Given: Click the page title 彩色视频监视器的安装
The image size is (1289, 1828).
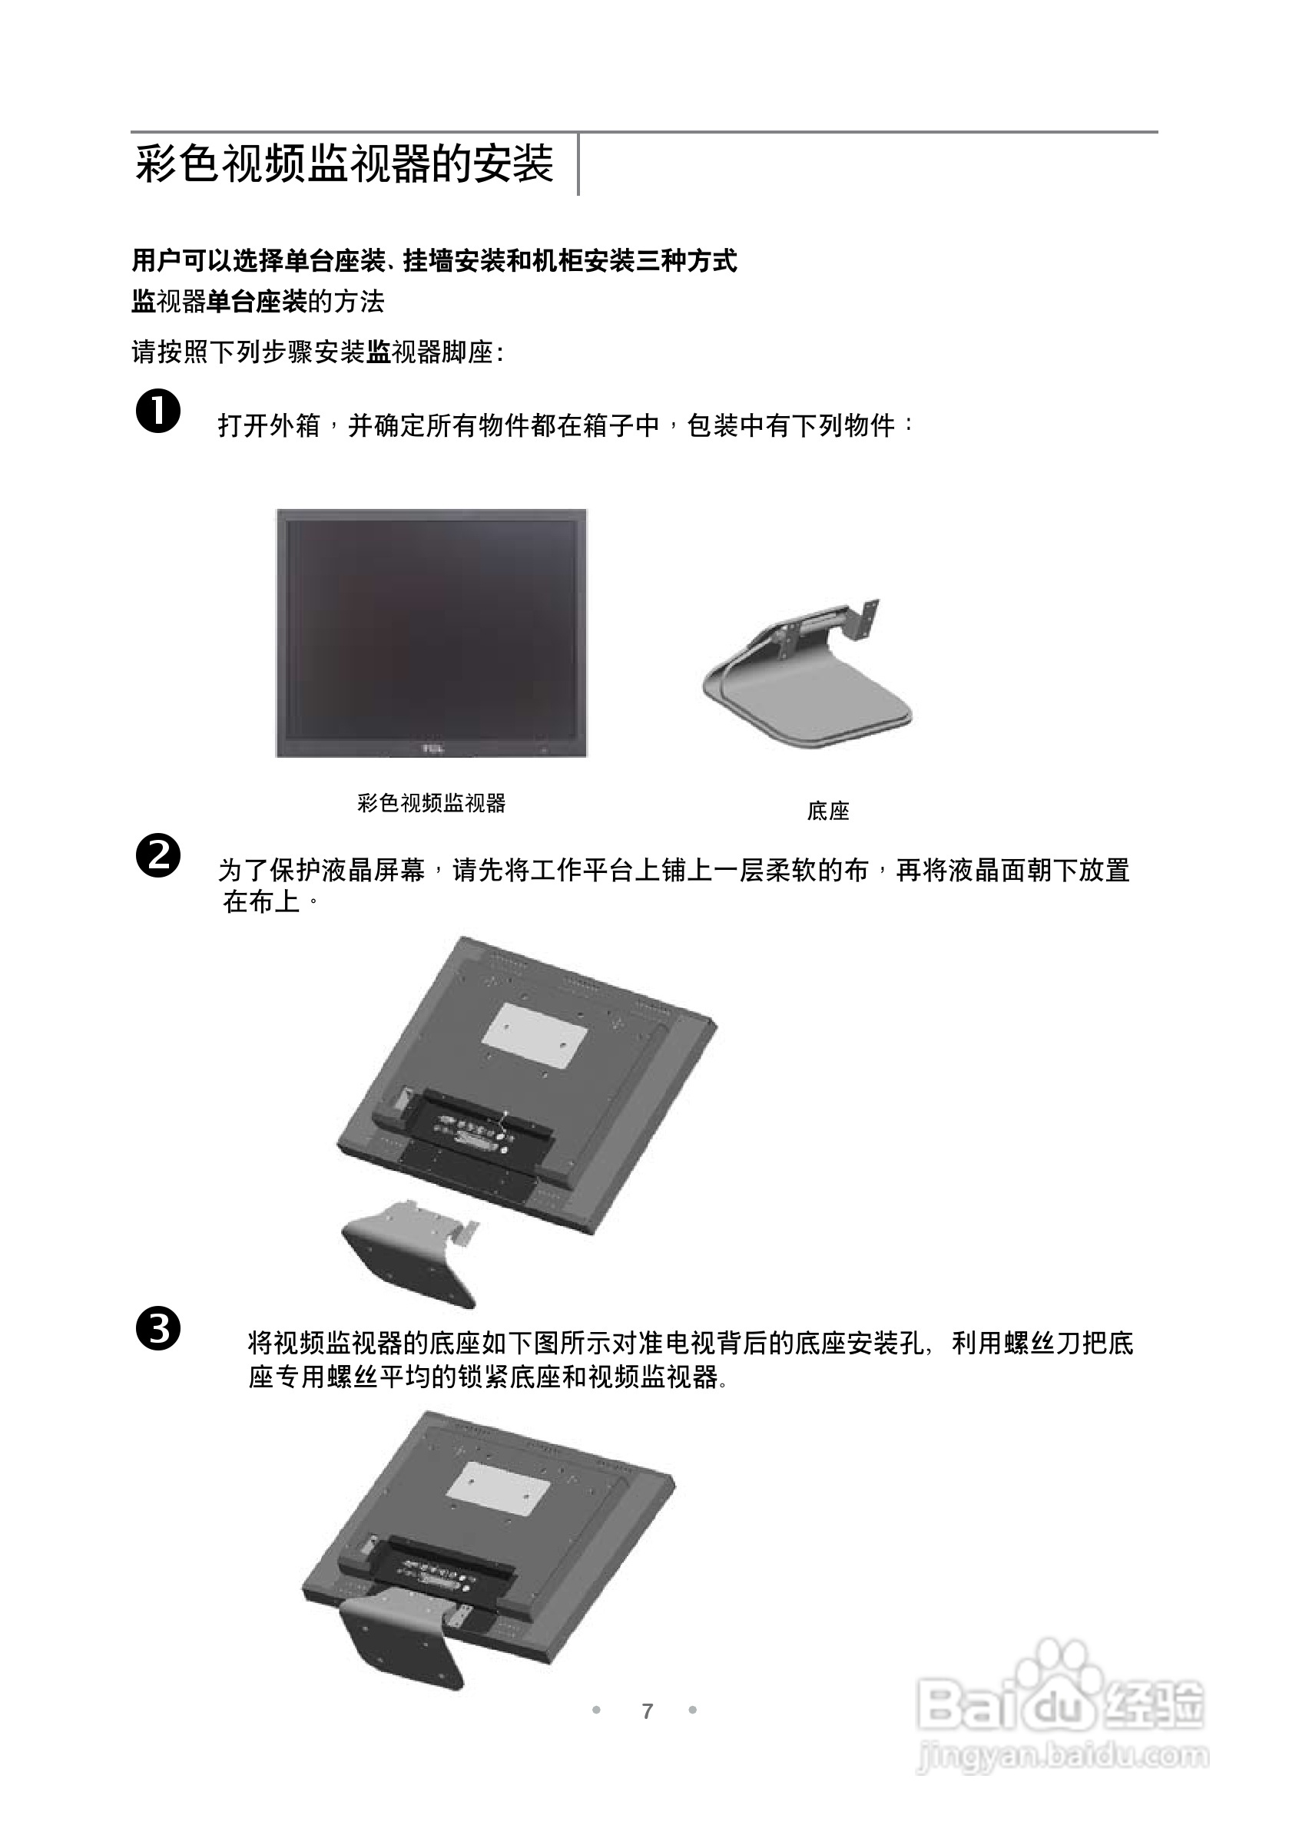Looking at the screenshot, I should (x=344, y=164).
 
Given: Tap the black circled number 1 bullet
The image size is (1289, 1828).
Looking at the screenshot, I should (x=157, y=411).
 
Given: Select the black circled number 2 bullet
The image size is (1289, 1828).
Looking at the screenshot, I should (x=157, y=855).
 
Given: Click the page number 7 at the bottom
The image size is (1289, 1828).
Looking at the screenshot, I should (x=647, y=1711).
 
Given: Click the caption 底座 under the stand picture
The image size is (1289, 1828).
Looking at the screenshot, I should (x=828, y=812).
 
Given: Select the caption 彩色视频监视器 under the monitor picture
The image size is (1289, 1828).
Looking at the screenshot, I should (x=431, y=802).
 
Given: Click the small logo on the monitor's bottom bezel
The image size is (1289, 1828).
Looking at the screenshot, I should (x=432, y=749).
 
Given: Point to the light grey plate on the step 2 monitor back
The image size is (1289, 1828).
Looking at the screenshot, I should (x=535, y=1035).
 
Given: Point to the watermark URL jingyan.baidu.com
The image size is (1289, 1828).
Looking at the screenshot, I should (x=1062, y=1756).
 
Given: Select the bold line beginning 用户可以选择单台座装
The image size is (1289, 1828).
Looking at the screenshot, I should (x=434, y=260).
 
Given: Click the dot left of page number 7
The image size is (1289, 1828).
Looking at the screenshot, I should (x=596, y=1711).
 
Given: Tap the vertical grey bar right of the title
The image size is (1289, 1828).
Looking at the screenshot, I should (x=578, y=165).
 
